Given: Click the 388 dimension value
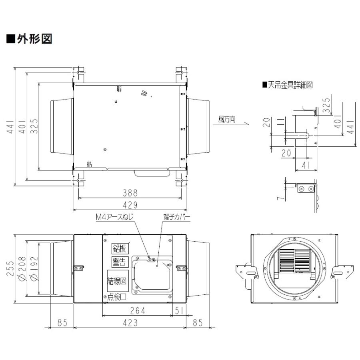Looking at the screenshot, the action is point(130,193).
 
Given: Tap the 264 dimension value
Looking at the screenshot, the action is point(138,311).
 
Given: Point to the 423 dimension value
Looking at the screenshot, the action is point(130,322).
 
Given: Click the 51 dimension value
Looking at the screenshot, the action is point(179,311).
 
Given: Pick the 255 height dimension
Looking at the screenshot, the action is point(10,268).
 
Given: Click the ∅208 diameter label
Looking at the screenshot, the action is point(22,269).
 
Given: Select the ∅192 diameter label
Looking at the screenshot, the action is point(34,269).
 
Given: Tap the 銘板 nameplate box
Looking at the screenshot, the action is point(120,248).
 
